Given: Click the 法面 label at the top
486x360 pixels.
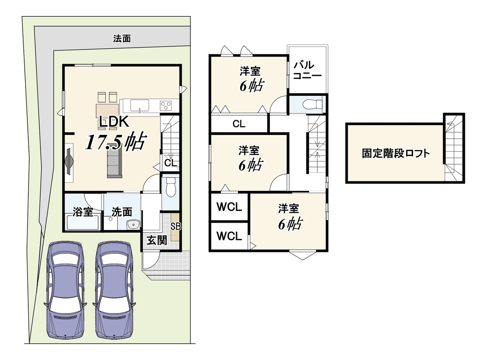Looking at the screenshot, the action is pyautogui.click(x=122, y=39).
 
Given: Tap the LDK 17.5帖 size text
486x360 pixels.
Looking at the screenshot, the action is pyautogui.click(x=115, y=142).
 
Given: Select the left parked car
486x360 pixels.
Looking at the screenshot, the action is pyautogui.click(x=65, y=290).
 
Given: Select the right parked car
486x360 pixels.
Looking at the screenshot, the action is pyautogui.click(x=114, y=290).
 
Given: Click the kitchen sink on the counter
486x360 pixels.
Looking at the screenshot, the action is pyautogui.click(x=140, y=105).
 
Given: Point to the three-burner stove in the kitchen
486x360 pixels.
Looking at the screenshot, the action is pyautogui.click(x=165, y=105).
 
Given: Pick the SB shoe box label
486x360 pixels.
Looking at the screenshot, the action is pyautogui.click(x=175, y=226).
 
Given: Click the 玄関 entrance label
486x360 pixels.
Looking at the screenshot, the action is pyautogui.click(x=157, y=240).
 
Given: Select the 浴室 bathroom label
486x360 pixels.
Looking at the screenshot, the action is pyautogui.click(x=83, y=212).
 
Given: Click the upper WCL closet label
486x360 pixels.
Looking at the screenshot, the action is pyautogui.click(x=229, y=207).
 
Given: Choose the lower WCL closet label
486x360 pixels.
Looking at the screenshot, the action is pyautogui.click(x=229, y=236).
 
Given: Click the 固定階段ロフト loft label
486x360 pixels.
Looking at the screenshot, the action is pyautogui.click(x=396, y=153).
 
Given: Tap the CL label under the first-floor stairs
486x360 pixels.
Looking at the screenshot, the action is pyautogui.click(x=170, y=163).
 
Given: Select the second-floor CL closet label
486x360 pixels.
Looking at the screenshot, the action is pyautogui.click(x=239, y=124).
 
